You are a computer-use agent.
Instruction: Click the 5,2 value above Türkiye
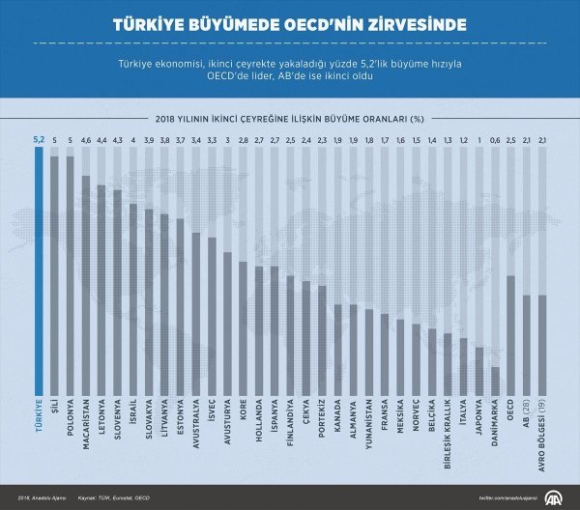[40, 138]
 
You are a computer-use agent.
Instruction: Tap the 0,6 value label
[495, 138]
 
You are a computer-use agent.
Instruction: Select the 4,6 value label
[86, 138]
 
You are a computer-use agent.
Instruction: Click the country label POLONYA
[71, 419]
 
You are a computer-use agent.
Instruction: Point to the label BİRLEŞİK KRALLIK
[448, 433]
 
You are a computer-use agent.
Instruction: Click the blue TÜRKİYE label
[40, 418]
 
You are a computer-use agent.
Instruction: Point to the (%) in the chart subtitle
[417, 118]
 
